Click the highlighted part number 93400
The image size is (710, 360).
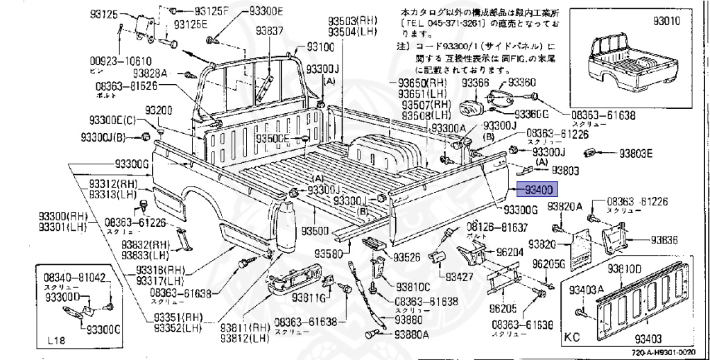(x=538, y=189)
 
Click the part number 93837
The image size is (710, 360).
(x=269, y=31)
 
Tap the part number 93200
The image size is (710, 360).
(x=159, y=112)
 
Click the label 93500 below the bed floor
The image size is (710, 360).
(x=315, y=230)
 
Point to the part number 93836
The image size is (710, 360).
(x=664, y=240)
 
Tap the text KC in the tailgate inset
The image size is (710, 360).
(x=571, y=340)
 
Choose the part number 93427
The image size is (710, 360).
(x=459, y=277)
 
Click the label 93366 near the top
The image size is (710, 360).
(x=476, y=83)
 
